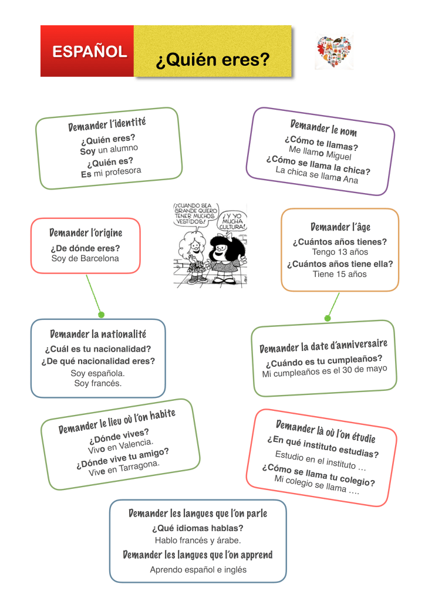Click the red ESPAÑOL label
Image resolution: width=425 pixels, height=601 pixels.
(x=89, y=52)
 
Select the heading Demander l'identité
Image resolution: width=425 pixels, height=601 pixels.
(x=107, y=124)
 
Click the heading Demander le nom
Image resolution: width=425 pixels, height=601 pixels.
(x=323, y=127)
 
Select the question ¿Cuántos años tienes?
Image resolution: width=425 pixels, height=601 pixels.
(x=339, y=242)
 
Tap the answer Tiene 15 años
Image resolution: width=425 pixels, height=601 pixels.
(x=339, y=274)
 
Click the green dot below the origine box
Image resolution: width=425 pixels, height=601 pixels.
(x=101, y=315)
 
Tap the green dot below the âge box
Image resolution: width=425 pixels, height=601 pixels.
(x=328, y=318)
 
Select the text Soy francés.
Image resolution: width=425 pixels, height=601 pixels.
(x=98, y=383)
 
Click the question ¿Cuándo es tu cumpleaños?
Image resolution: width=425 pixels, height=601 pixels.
(x=323, y=362)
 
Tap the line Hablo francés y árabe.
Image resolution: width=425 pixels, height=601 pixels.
(x=198, y=540)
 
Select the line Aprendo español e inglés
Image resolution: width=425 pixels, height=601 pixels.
(x=198, y=569)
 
